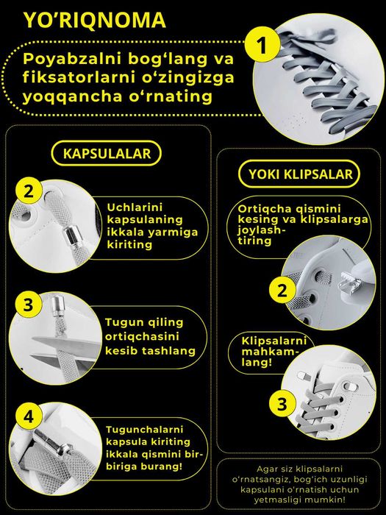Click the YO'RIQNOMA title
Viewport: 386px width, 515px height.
95,20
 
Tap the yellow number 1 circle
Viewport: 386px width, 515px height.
262,45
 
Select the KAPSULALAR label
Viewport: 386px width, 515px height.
107,153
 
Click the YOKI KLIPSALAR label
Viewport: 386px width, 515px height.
300,174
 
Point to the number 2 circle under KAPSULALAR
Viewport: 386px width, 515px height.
29,191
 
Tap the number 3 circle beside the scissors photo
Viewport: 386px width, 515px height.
28,304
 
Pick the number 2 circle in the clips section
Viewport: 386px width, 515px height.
282,291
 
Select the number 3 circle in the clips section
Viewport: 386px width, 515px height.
282,404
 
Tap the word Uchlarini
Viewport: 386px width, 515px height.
135,207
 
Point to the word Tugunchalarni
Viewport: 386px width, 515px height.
144,430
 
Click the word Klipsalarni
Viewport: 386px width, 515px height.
274,341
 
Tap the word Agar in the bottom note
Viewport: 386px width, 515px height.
266,469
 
